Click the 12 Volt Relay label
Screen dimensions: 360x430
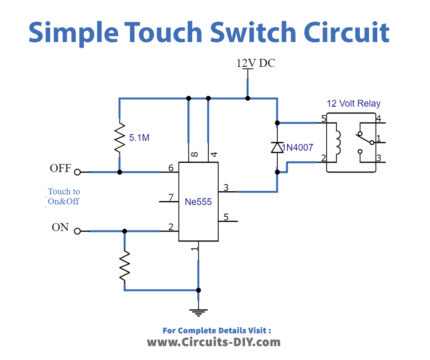click(354, 104)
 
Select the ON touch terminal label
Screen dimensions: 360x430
click(59, 227)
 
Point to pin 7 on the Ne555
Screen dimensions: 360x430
click(172, 197)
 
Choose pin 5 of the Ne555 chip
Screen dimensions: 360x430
click(226, 216)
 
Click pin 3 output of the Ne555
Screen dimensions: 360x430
click(226, 186)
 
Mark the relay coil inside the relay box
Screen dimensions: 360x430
click(340, 141)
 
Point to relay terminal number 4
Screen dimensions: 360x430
click(379, 122)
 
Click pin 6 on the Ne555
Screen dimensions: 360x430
click(172, 167)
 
